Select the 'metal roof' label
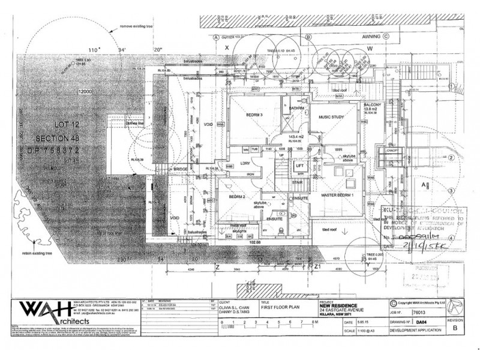click(x=223, y=227)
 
